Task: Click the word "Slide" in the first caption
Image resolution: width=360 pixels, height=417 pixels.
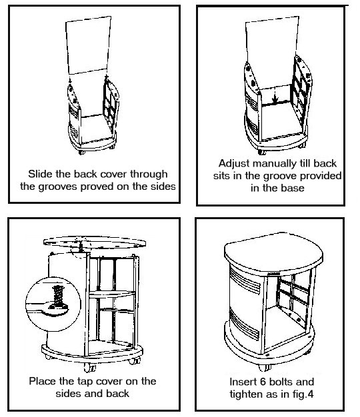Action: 40,174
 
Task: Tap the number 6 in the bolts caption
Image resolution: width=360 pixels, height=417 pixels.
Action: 263,382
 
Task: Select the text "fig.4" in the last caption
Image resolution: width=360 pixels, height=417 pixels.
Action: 303,394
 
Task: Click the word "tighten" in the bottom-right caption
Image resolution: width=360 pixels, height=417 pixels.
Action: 244,394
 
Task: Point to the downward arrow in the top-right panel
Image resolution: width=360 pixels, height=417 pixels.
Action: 275,95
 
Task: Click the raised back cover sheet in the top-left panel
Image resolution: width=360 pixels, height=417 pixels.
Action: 88,45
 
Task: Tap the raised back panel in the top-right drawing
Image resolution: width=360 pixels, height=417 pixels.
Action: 271,51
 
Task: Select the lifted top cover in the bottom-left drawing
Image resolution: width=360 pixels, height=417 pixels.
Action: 95,242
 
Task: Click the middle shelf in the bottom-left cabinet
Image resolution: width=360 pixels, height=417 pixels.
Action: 112,294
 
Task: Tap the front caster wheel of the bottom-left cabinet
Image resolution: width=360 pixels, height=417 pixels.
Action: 89,368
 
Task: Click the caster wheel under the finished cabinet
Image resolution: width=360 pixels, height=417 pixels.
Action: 265,367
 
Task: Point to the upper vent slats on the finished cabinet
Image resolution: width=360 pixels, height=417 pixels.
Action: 245,280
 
